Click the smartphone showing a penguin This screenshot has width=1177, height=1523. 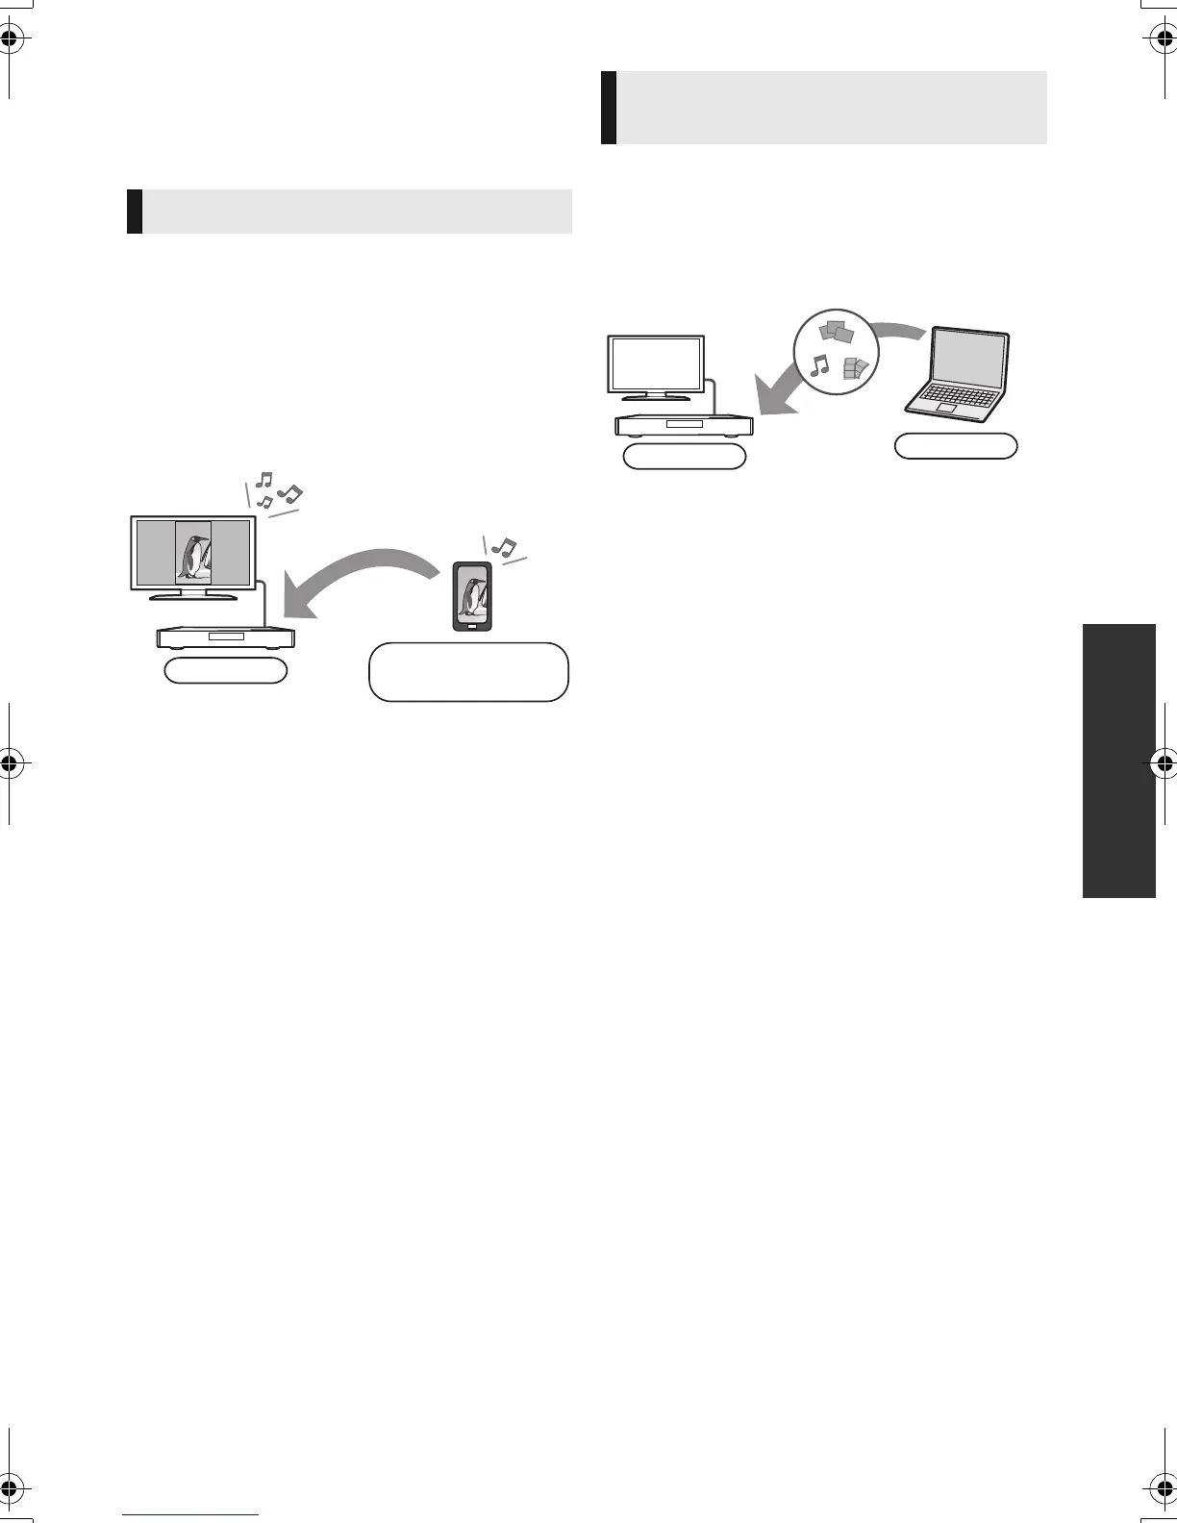471,596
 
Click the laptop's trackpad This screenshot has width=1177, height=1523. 947,407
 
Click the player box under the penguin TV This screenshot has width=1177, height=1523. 226,637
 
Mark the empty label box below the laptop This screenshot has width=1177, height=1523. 956,446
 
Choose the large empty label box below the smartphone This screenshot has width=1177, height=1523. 468,672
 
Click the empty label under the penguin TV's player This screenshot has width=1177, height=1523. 226,671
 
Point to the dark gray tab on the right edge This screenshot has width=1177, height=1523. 1119,761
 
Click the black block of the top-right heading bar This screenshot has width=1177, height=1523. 609,107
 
